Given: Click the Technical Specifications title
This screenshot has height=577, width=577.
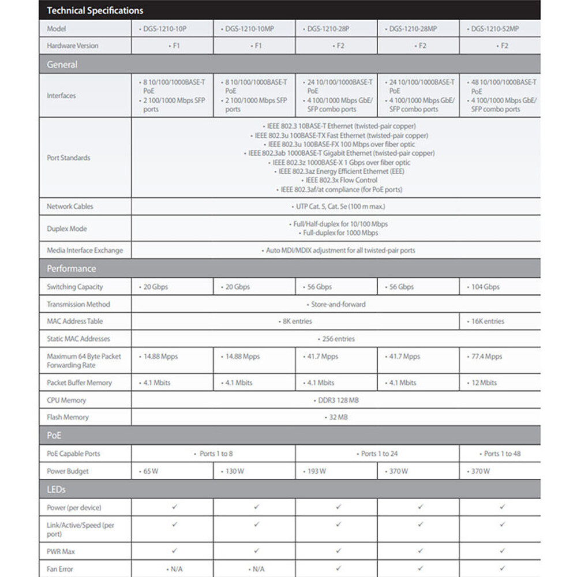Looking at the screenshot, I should [95, 10].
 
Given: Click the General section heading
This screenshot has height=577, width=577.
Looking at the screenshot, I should [62, 65].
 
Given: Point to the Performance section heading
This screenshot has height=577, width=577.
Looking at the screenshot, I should [72, 268].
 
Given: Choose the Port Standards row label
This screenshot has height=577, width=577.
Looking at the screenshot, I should [68, 158].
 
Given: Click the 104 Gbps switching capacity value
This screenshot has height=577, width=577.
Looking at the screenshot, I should [485, 287].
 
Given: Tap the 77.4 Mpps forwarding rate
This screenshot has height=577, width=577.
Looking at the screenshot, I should [486, 357].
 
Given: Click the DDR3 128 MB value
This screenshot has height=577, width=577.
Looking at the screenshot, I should [339, 400].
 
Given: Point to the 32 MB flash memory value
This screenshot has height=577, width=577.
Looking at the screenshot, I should [338, 417].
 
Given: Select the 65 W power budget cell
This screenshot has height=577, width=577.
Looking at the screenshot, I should [149, 471].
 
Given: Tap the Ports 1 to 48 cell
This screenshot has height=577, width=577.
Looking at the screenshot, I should [502, 454].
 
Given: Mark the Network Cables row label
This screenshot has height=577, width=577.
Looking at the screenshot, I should [70, 206].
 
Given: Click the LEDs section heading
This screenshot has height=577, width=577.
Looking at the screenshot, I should [56, 489].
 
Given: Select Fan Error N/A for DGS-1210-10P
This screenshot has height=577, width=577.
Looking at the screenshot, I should [175, 569].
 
